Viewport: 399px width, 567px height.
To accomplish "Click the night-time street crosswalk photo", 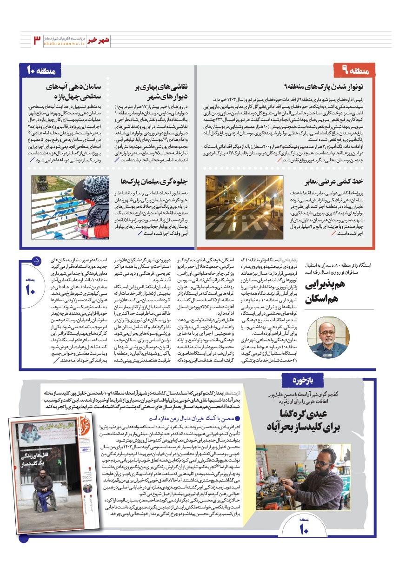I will point(244,207).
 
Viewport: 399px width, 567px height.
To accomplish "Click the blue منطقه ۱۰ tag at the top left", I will point(41,71).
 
